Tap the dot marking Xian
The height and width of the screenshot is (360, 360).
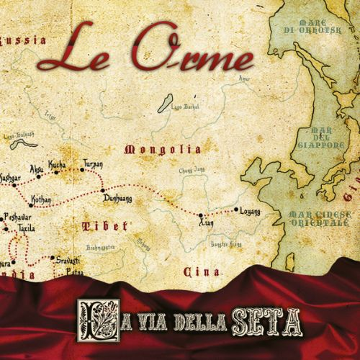(x=200, y=214)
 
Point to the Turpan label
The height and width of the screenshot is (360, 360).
(x=93, y=163)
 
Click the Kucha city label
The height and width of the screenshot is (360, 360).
(x=57, y=165)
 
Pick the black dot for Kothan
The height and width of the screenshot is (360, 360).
(x=30, y=205)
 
